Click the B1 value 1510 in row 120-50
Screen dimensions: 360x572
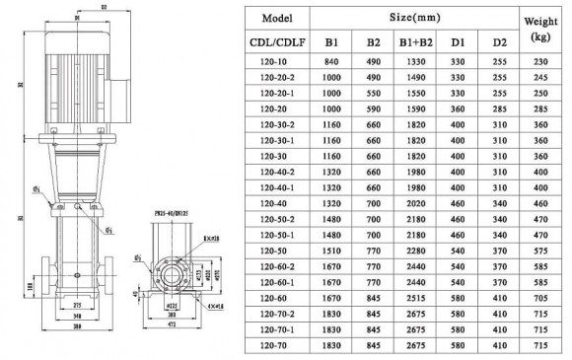[x=328, y=251]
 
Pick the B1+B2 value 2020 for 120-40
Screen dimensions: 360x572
[x=413, y=203]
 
